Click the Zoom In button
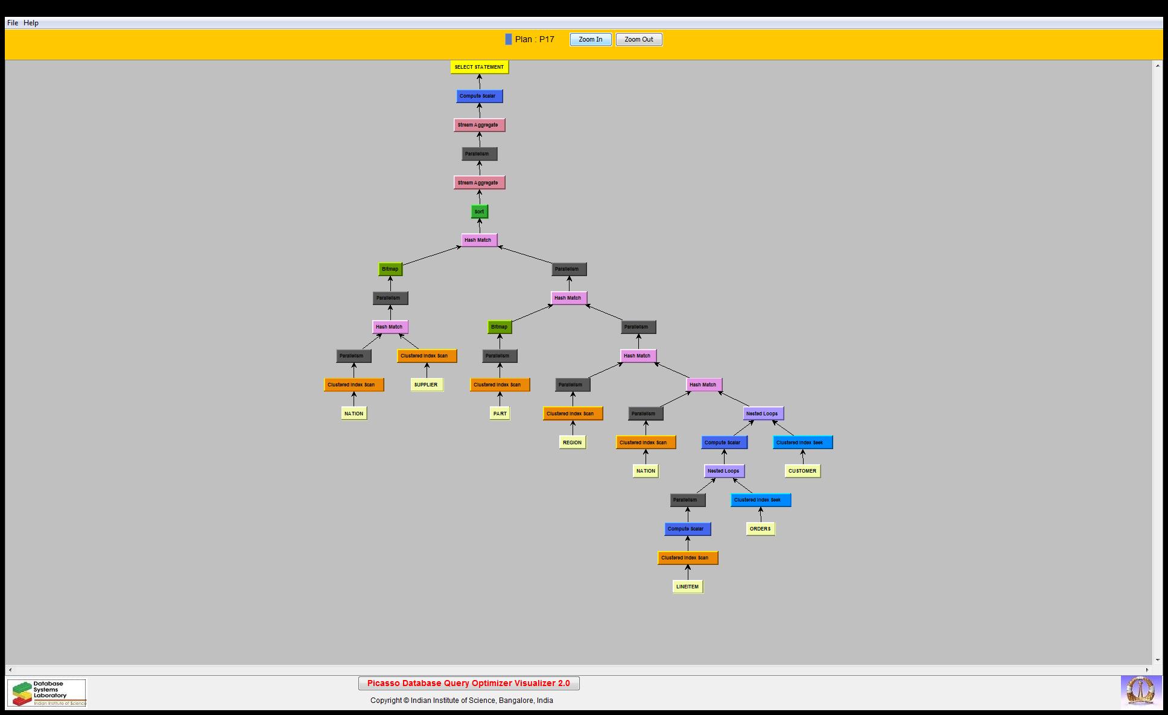[590, 40]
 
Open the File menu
[13, 23]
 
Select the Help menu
[31, 23]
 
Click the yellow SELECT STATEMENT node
[479, 67]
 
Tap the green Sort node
[479, 212]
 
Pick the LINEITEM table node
[687, 587]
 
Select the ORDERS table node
[760, 529]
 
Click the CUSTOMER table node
[802, 471]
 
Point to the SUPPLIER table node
[426, 385]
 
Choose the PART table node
[500, 414]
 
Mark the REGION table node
[572, 443]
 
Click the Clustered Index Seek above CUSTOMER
[802, 443]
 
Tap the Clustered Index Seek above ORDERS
[760, 500]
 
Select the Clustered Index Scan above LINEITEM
[687, 558]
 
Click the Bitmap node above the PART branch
[500, 327]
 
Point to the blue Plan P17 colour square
[509, 40]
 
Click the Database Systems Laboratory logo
[47, 693]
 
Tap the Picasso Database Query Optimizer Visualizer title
[468, 683]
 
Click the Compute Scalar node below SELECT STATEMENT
[479, 96]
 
